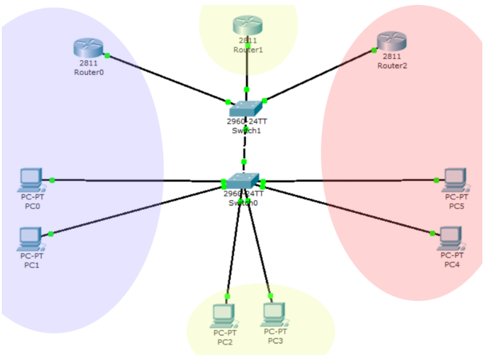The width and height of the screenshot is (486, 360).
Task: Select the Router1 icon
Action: point(247,25)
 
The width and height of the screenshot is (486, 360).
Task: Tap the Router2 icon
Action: point(392,41)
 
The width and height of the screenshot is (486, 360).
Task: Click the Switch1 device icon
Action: point(246,109)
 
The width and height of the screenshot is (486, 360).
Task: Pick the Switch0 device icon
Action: point(243,180)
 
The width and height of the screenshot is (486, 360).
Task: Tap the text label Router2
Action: point(392,66)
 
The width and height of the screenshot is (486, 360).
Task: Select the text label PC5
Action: point(457,206)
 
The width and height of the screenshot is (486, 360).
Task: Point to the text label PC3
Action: point(275,340)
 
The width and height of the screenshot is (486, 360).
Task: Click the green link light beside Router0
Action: point(107,55)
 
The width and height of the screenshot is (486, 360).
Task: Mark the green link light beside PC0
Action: point(52,180)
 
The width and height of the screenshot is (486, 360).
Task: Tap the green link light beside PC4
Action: point(433,233)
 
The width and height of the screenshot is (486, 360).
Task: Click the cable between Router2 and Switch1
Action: point(319,75)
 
